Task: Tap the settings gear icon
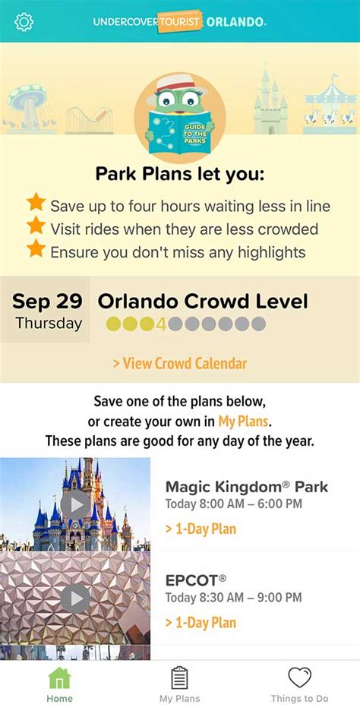[24, 21]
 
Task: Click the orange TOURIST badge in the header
[180, 21]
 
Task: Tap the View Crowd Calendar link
[180, 364]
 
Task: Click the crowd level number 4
[160, 324]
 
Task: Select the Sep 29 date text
[47, 302]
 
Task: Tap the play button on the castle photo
[75, 505]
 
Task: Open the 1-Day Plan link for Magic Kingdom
[201, 529]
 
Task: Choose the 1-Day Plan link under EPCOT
[201, 622]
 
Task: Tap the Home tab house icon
[59, 678]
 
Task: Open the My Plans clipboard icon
[179, 678]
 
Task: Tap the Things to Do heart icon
[299, 678]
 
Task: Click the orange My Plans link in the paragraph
[243, 421]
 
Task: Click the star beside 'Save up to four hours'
[36, 202]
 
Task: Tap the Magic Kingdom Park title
[247, 487]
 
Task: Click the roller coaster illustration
[89, 120]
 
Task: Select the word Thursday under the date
[49, 324]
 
